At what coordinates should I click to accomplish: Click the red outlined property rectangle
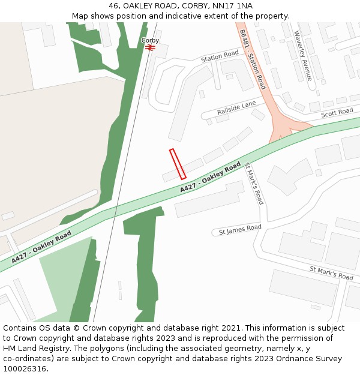(x=178, y=164)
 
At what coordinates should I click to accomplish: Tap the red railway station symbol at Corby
(x=150, y=47)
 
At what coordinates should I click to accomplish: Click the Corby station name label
(x=150, y=40)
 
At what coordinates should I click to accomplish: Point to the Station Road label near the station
(x=220, y=57)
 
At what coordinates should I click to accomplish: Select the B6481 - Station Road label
(x=253, y=59)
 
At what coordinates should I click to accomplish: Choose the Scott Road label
(x=337, y=113)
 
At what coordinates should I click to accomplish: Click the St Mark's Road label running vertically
(x=254, y=183)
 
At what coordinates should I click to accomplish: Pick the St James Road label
(x=240, y=229)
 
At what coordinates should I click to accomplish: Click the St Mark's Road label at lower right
(x=331, y=273)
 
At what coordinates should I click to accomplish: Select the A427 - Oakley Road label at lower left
(x=41, y=247)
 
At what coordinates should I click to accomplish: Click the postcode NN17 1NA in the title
(x=235, y=5)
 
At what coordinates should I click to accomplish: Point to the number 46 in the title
(x=114, y=5)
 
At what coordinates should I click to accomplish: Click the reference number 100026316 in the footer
(x=25, y=368)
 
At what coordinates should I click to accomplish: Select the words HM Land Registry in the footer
(x=32, y=348)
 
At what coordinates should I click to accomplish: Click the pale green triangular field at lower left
(x=63, y=282)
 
